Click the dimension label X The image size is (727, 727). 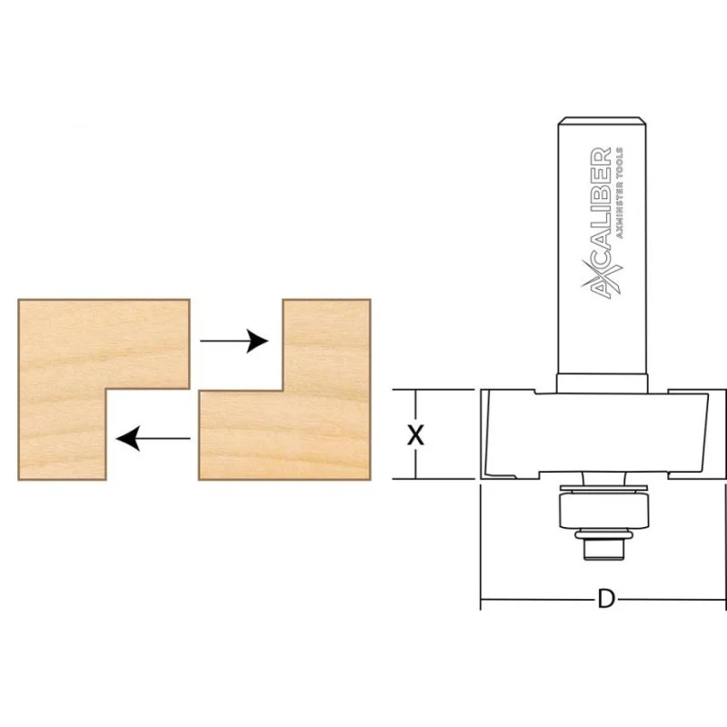coord(415,436)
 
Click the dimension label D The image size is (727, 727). coord(606,599)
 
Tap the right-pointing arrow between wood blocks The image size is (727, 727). coord(234,342)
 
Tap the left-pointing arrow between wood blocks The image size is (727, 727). coord(153,439)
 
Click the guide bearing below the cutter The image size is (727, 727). coord(603,511)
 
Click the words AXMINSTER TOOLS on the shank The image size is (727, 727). coord(619,194)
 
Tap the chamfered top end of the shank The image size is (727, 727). coord(602,121)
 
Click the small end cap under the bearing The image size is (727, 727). coord(603,550)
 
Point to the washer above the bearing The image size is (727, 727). coord(603,489)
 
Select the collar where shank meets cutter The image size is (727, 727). coord(602,383)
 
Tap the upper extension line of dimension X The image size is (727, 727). coord(433,390)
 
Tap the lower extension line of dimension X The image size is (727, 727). coord(433,479)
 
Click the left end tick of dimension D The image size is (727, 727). coord(481,599)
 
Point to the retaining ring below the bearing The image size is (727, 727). coord(603,535)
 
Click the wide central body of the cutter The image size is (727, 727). coord(598,433)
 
